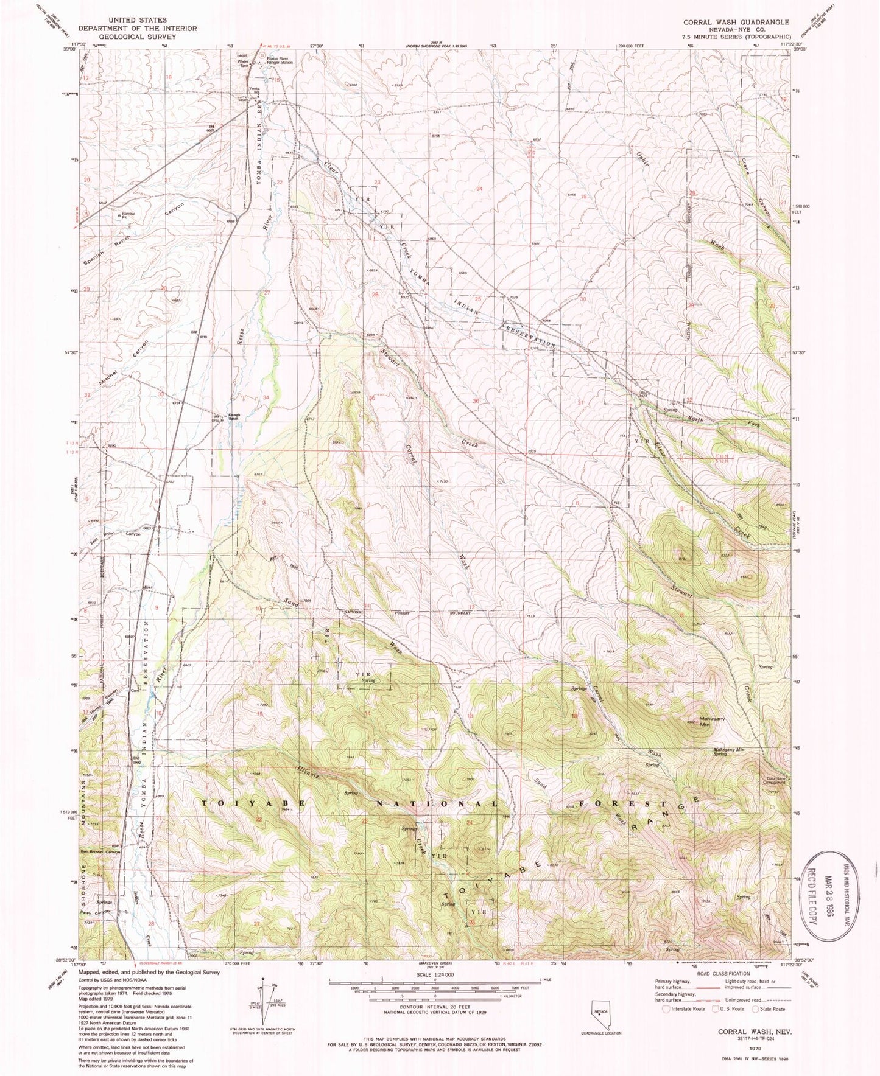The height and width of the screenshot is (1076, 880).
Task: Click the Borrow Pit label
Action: tap(127, 215)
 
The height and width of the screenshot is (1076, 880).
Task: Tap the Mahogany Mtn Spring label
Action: tap(729, 752)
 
